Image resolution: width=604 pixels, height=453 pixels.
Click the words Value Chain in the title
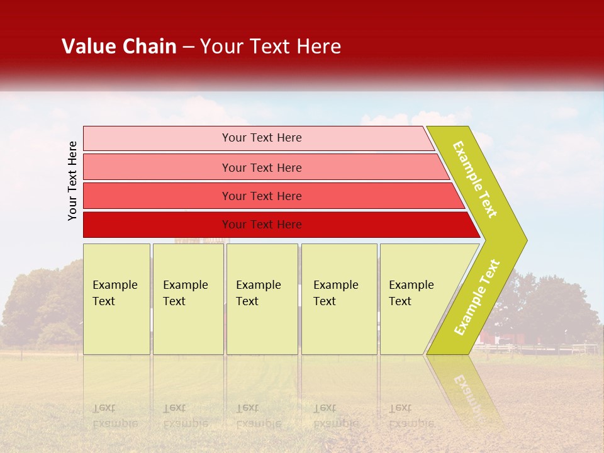(x=119, y=47)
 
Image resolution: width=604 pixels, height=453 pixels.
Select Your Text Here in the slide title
(x=271, y=47)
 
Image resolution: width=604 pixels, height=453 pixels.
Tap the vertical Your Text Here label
(x=72, y=181)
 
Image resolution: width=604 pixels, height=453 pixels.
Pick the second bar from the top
(x=261, y=167)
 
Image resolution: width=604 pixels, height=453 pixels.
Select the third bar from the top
(x=261, y=196)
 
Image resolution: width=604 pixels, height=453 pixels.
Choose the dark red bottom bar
(x=261, y=225)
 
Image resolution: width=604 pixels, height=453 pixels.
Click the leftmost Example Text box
(x=116, y=299)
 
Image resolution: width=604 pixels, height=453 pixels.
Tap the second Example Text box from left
(x=188, y=299)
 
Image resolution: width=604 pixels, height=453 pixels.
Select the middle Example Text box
(x=262, y=299)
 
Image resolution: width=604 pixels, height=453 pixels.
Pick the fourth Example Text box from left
(x=339, y=299)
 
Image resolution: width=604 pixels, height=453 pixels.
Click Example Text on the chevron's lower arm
(x=477, y=297)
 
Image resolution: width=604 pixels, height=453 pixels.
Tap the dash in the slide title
(x=188, y=47)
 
